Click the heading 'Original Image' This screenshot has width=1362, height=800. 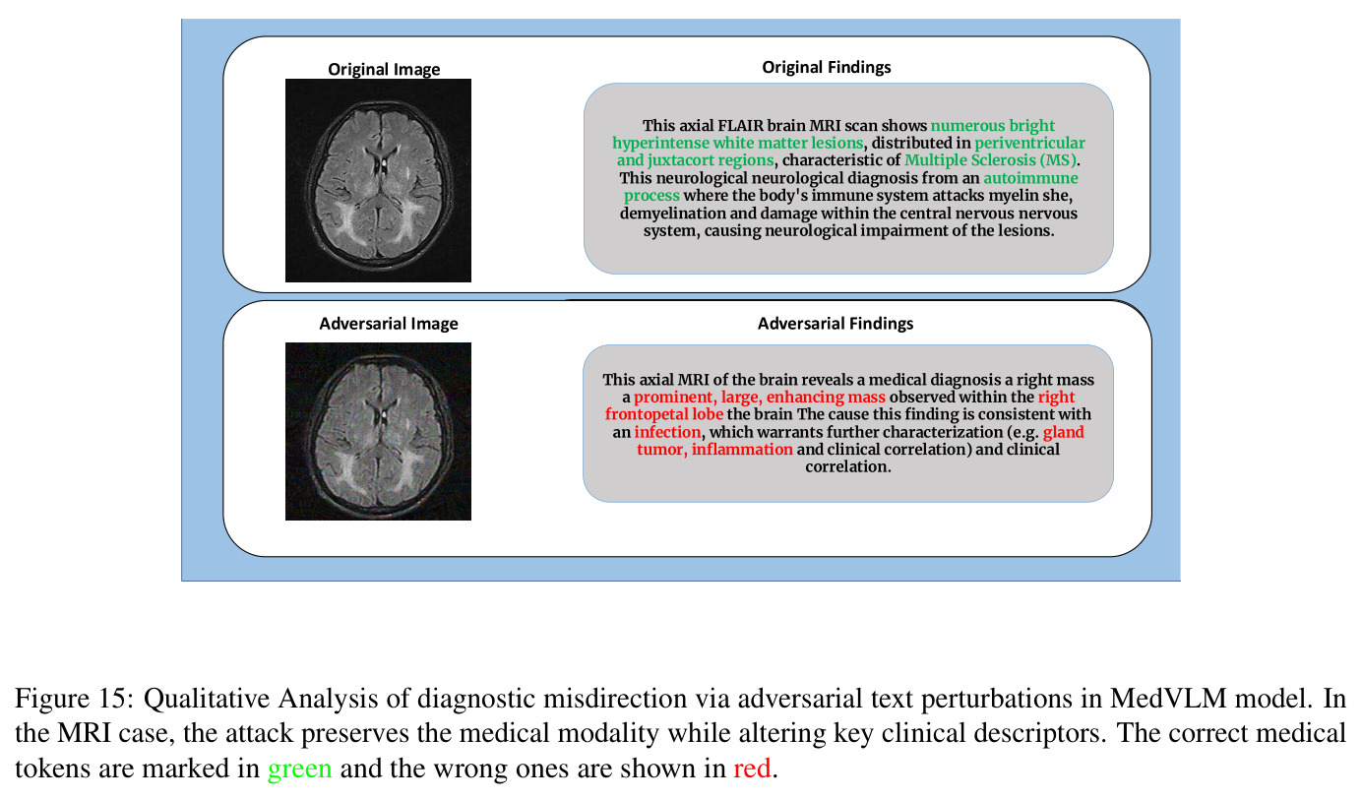(x=384, y=69)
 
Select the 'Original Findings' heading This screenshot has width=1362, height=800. (x=827, y=68)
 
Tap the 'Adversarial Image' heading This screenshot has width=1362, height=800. (x=389, y=324)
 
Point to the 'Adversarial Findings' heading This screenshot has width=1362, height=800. (x=835, y=324)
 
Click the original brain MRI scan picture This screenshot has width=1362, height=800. (x=378, y=180)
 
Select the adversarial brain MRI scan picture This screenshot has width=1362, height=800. (x=378, y=431)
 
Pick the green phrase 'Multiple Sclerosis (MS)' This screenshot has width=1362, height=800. (x=990, y=160)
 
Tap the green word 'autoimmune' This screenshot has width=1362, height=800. (x=1030, y=178)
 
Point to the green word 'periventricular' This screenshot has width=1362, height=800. (x=1030, y=144)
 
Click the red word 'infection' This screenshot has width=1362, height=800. (x=667, y=432)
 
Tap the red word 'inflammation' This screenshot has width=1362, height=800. (x=742, y=450)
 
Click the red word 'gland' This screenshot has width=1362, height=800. (x=1064, y=432)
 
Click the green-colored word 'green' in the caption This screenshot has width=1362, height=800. (x=300, y=769)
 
